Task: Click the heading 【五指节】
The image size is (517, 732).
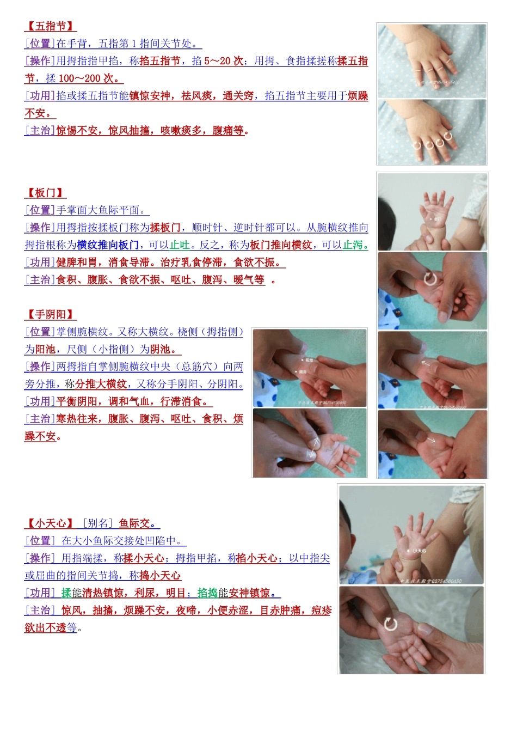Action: [x=50, y=26]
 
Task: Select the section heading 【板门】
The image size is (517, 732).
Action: [x=45, y=193]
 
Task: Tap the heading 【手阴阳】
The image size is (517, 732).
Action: [x=50, y=314]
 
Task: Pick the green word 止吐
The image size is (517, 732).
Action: [x=180, y=245]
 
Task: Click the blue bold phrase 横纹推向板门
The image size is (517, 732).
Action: [x=108, y=245]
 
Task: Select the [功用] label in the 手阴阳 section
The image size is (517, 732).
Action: [x=40, y=401]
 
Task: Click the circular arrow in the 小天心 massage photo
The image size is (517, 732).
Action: [x=391, y=624]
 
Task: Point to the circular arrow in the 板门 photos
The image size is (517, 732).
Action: [x=430, y=279]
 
